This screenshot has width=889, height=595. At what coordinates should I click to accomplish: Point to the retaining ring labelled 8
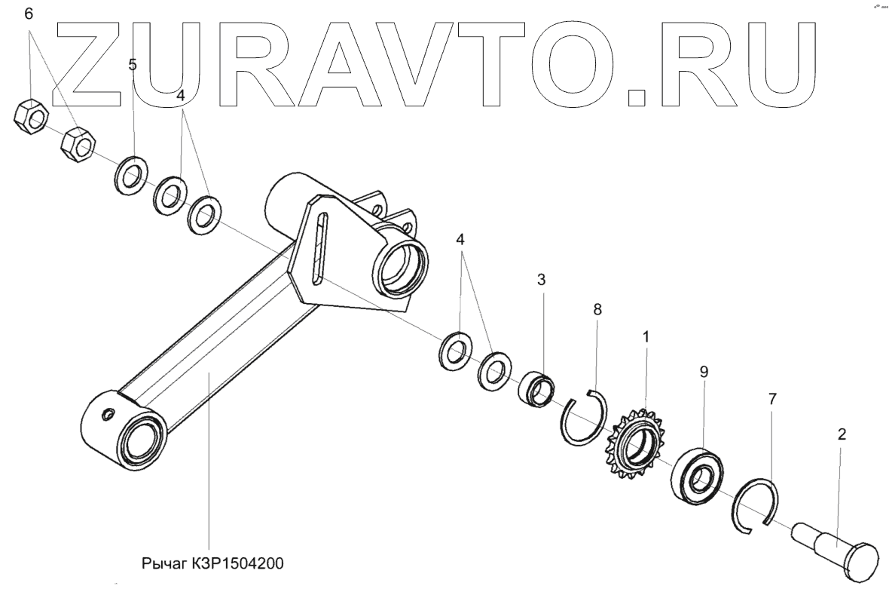click(x=586, y=418)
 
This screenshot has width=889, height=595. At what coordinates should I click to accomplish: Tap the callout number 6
click(x=29, y=14)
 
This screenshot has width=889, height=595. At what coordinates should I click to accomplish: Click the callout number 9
click(x=704, y=372)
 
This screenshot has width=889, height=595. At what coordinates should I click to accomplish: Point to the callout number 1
click(x=645, y=336)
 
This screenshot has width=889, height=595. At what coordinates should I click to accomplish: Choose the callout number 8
click(x=597, y=308)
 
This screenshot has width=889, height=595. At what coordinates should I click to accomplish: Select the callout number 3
click(x=541, y=280)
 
